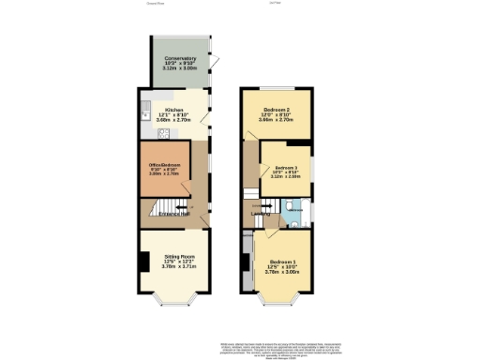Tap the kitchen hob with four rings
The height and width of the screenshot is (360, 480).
tap(161, 133)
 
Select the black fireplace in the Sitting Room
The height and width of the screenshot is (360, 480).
tap(142, 263)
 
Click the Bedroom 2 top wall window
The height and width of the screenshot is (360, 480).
tap(277, 86)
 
